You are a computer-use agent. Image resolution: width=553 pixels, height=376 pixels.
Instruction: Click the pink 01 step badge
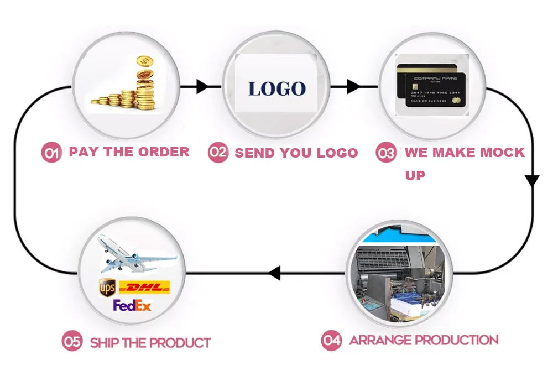click(x=52, y=153)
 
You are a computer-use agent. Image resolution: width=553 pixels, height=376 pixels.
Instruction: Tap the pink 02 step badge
click(x=218, y=153)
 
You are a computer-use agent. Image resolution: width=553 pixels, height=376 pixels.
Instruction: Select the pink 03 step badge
click(x=385, y=153)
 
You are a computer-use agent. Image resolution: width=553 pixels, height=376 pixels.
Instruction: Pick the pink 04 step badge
click(x=332, y=341)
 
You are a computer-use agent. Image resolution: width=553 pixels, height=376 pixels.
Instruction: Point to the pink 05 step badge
click(x=72, y=342)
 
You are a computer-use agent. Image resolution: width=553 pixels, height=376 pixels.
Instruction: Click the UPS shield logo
click(x=107, y=288)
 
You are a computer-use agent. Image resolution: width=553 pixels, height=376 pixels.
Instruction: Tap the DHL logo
click(x=144, y=288)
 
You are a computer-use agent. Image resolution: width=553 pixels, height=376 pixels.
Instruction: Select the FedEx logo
click(x=132, y=305)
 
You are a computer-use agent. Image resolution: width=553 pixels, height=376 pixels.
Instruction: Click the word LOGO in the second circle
click(x=276, y=88)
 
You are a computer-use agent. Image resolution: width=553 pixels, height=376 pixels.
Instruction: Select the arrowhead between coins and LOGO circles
click(x=202, y=87)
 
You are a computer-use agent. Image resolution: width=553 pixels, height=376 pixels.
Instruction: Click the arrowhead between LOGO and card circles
click(x=353, y=87)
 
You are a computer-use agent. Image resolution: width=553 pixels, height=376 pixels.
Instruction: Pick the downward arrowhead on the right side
click(x=532, y=181)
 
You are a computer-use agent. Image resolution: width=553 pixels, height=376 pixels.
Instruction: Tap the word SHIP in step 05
click(x=105, y=343)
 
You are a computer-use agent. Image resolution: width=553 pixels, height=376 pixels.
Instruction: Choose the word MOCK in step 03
click(x=500, y=153)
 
